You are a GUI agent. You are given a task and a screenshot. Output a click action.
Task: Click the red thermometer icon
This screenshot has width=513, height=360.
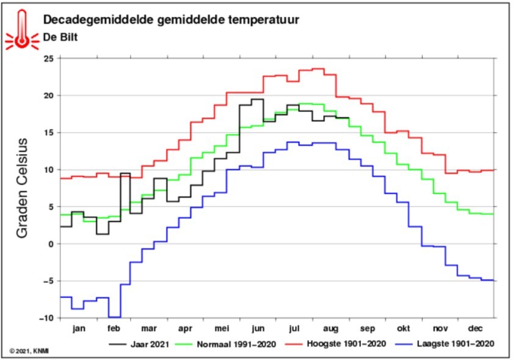coord(22,31)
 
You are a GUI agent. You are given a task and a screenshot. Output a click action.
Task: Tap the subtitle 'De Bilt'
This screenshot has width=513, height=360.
coord(60,37)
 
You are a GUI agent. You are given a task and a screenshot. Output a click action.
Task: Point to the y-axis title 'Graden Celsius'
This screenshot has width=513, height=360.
coord(22,188)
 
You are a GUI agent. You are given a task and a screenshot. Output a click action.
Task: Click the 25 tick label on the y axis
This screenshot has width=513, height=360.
coord(49,59)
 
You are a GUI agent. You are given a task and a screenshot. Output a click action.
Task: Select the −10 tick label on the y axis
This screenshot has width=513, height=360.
coord(46,318)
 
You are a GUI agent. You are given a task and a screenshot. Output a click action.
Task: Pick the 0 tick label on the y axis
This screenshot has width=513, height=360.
coord(51,244)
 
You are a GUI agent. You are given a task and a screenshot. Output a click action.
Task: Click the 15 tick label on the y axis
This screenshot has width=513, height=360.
coord(49,133)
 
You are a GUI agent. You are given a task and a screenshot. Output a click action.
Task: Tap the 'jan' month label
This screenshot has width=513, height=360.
coord(79,328)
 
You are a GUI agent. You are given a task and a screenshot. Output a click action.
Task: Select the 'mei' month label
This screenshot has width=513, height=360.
coord(222,328)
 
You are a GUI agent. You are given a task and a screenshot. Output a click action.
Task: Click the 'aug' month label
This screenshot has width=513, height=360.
coord(331,329)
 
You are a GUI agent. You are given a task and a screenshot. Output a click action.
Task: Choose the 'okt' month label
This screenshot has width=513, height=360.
coord(404,328)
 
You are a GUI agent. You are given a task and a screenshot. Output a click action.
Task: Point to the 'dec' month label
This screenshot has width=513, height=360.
coord(475,328)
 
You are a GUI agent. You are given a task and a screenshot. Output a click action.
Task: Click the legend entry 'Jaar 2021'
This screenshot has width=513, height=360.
coord(139,344)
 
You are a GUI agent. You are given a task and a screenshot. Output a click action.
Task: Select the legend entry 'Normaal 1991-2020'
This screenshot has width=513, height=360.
coord(226,344)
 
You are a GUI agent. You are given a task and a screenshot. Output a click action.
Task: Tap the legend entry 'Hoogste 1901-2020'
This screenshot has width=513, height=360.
coord(336,344)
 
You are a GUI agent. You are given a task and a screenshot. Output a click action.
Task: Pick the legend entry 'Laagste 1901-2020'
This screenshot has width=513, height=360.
coord(445,344)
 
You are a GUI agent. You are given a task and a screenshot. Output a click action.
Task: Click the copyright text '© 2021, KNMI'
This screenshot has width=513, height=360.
coord(29,351)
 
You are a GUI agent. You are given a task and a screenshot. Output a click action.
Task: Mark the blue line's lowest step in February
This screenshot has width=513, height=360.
coord(115,317)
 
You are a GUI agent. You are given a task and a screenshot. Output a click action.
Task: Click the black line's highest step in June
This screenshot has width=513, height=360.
coord(258,99)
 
